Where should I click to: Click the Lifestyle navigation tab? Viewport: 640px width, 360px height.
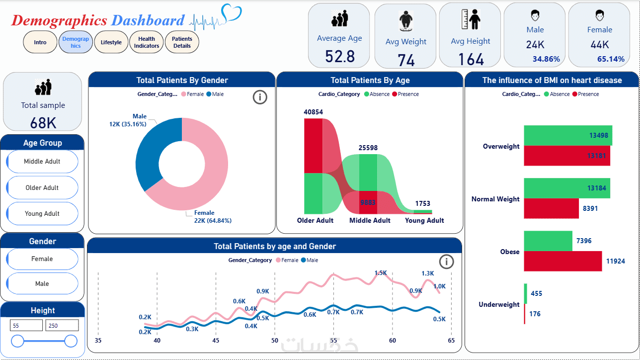(x=111, y=42)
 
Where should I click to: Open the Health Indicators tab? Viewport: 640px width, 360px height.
(x=147, y=42)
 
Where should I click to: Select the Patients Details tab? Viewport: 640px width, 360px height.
(x=182, y=42)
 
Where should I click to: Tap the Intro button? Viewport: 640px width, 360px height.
(x=40, y=42)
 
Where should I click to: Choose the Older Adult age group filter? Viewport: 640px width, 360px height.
(x=42, y=188)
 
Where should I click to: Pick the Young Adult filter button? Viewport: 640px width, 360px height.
(x=42, y=214)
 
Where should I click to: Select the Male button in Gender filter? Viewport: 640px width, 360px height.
(x=42, y=284)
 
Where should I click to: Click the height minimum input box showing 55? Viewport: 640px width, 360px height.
(x=26, y=326)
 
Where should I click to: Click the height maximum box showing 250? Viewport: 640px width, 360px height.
(x=62, y=326)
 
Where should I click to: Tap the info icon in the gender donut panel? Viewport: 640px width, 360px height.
(x=260, y=97)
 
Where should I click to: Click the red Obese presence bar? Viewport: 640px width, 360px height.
(x=563, y=261)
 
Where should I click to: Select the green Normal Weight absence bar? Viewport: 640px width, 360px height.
(x=566, y=188)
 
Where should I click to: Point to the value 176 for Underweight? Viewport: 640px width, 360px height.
(x=535, y=314)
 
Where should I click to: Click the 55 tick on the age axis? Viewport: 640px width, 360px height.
(x=333, y=341)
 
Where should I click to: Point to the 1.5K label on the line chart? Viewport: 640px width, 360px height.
(x=381, y=272)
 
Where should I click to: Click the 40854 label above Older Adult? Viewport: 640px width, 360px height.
(x=313, y=112)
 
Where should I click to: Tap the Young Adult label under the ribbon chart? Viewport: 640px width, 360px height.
(x=424, y=220)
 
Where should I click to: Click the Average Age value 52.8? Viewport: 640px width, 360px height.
(x=340, y=57)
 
